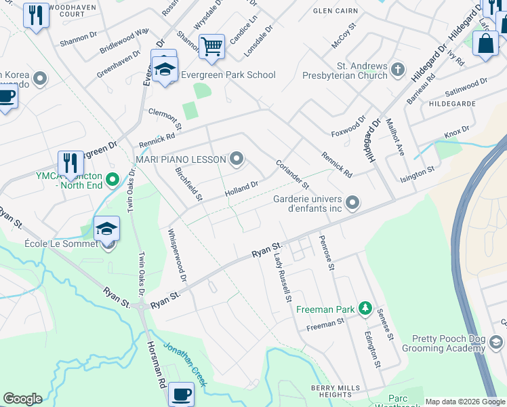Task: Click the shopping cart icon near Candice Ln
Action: (212, 46)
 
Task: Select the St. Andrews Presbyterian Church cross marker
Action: (397, 69)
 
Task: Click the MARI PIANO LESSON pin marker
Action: (237, 159)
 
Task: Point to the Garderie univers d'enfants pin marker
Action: (352, 202)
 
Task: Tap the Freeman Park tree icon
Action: (365, 309)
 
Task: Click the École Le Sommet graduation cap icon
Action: (106, 229)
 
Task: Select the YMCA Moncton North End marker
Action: (113, 180)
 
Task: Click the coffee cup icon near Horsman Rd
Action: (181, 393)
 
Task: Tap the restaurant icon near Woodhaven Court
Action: (36, 14)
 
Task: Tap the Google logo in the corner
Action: (22, 399)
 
